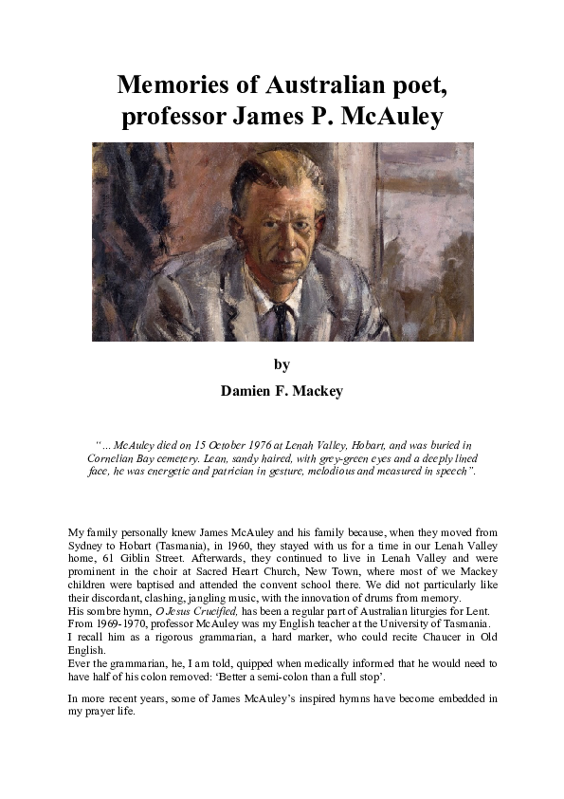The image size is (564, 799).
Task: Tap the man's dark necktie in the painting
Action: point(282,317)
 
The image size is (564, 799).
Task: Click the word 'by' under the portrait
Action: point(282,364)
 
